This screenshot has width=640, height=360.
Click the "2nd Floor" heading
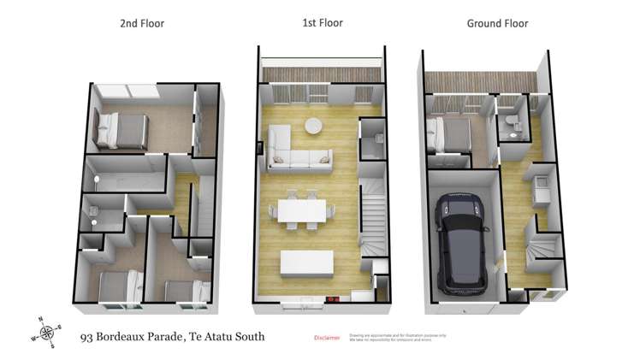click(x=142, y=23)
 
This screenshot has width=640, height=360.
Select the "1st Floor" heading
click(x=323, y=23)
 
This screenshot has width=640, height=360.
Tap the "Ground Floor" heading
click(x=497, y=23)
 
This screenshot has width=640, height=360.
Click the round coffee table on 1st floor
click(x=314, y=126)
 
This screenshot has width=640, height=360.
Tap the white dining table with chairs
click(x=302, y=210)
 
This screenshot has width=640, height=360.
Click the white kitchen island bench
click(x=305, y=262)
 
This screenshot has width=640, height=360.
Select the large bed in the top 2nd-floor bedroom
click(x=122, y=130)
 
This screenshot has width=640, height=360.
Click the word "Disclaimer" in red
click(x=328, y=338)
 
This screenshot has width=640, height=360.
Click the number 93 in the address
click(x=86, y=336)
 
